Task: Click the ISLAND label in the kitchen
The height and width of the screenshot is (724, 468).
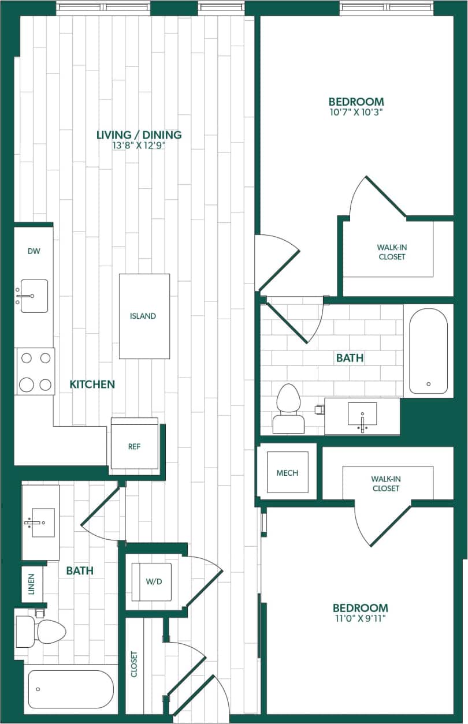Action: [x=143, y=316]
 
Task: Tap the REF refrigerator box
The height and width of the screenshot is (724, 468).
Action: [x=134, y=446]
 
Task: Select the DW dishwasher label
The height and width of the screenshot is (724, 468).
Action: [x=34, y=251]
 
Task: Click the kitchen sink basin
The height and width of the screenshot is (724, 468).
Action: [x=34, y=296]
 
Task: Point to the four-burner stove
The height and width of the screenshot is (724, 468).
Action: [x=35, y=371]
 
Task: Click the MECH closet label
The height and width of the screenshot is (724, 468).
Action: [x=287, y=473]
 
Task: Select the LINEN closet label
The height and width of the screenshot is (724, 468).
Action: [x=32, y=584]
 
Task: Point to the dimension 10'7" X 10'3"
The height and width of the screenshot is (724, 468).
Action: [x=356, y=112]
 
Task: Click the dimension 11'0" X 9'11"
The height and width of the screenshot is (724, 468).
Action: [x=360, y=618]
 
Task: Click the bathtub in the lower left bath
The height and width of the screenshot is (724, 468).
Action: [x=70, y=689]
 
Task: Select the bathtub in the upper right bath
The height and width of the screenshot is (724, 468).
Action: [x=428, y=351]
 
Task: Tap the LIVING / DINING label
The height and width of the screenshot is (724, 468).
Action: [x=139, y=135]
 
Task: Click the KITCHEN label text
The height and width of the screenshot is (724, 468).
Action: [x=92, y=384]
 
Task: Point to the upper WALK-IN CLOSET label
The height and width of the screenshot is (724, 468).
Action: [x=392, y=252]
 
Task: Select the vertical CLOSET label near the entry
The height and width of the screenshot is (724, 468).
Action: [x=134, y=664]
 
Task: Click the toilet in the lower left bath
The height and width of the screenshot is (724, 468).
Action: [x=40, y=631]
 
